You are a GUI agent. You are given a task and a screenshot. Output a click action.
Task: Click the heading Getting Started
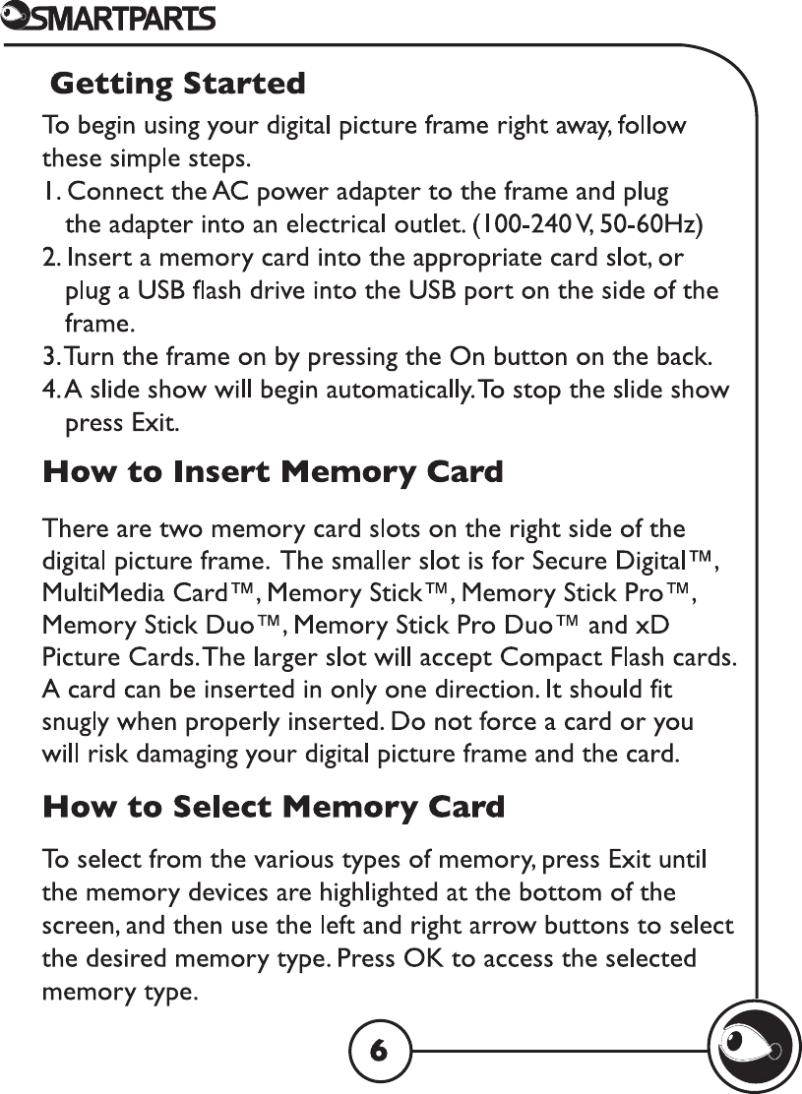(177, 84)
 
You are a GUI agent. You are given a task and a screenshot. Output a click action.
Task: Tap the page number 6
(378, 1051)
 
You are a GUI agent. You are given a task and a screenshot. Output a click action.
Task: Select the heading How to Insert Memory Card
(273, 472)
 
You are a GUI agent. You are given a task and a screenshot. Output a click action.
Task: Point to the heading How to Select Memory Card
(274, 808)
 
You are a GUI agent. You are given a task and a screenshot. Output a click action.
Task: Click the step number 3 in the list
(47, 355)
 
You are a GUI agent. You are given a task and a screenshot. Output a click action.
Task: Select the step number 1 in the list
(47, 191)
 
